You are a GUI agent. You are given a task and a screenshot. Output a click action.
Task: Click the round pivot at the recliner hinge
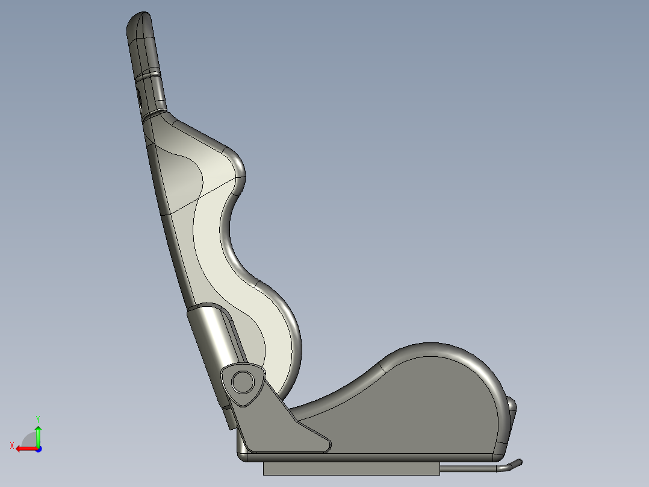pyautogui.click(x=243, y=381)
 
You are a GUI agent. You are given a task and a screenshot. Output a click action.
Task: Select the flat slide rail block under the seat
pyautogui.click(x=351, y=468)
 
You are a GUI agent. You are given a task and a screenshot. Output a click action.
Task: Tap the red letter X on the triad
pyautogui.click(x=11, y=445)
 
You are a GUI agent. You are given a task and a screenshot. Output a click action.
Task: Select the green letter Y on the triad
pyautogui.click(x=37, y=418)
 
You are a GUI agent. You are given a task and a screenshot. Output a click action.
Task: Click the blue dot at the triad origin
pyautogui.click(x=38, y=448)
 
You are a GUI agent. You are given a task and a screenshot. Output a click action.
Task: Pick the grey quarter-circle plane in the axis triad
pyautogui.click(x=30, y=439)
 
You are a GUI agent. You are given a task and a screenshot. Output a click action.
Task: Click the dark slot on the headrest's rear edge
pyautogui.click(x=140, y=99)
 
